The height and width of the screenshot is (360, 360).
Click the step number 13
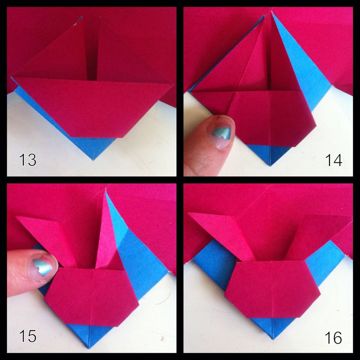point(28,160)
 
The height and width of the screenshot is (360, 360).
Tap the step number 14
point(334,160)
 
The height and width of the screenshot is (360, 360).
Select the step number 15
point(28,336)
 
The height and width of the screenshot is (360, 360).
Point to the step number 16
point(334,337)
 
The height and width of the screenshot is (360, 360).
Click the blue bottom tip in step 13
point(94,151)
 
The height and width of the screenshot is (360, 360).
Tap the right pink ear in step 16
point(316,235)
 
